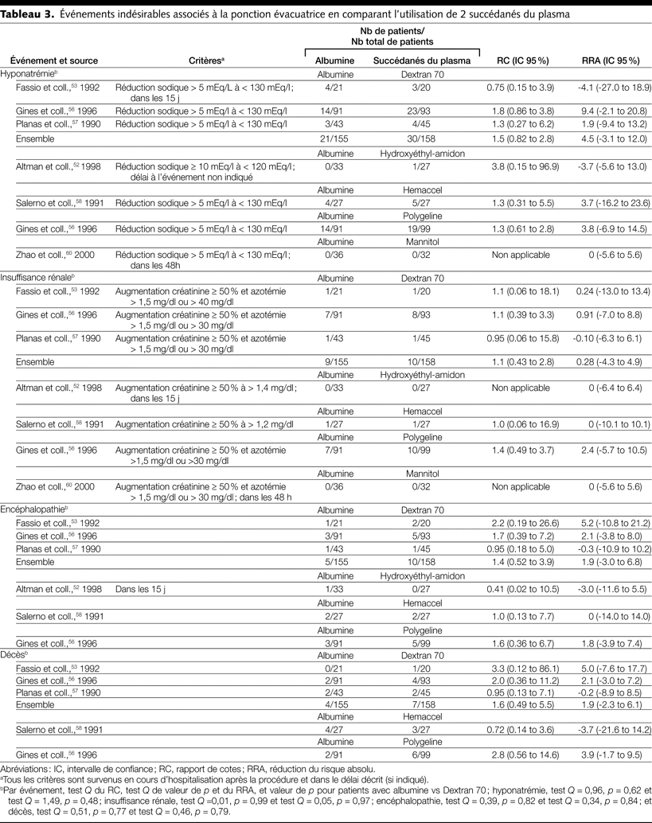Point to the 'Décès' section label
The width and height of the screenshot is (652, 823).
pyautogui.click(x=16, y=653)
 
